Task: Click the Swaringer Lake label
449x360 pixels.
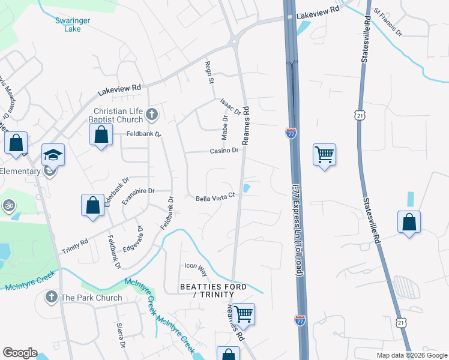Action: [x=72, y=24]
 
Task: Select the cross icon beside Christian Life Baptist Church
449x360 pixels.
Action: [x=152, y=113]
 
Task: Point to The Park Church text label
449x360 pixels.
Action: [x=91, y=298]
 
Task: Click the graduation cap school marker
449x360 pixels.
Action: [x=53, y=155]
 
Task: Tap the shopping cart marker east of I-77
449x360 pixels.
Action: [x=324, y=155]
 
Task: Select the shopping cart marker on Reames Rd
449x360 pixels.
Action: [x=244, y=313]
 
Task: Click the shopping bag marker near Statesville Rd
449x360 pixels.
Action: [x=409, y=221]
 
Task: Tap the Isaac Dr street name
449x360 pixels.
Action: [x=231, y=107]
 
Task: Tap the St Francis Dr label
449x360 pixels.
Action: [x=387, y=20]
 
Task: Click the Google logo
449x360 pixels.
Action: [x=20, y=353]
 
